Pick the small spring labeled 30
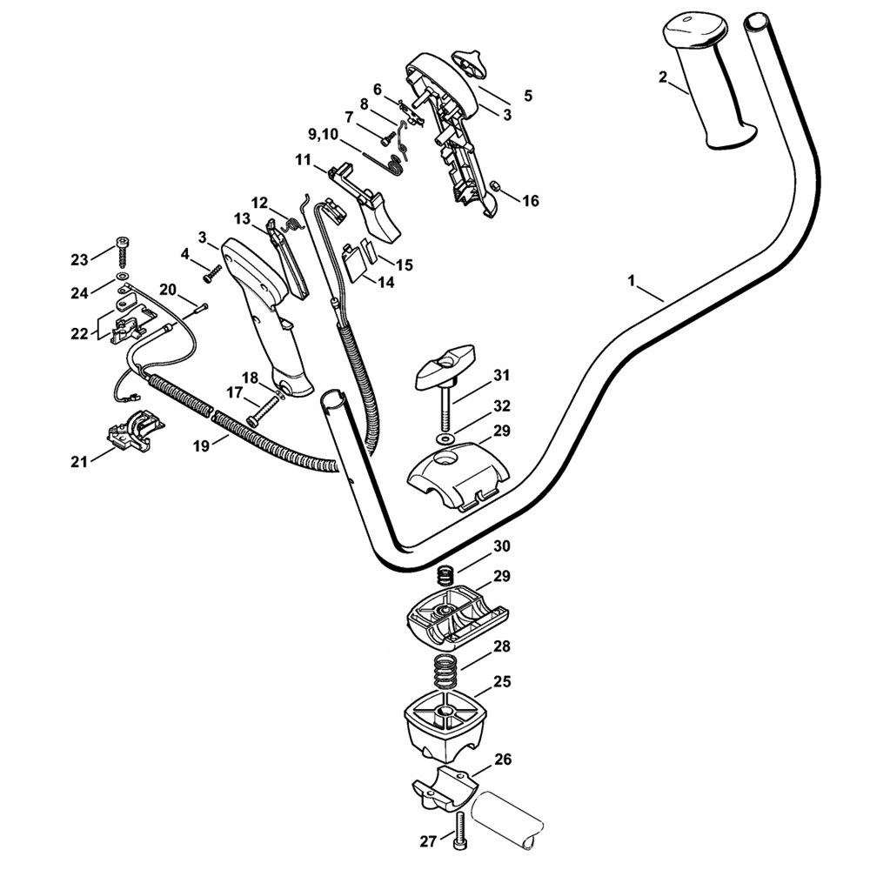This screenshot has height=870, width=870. tap(445, 575)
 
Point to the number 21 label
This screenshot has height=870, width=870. tap(79, 462)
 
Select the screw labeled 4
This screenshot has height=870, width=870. tap(212, 274)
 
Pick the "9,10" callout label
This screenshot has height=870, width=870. tap(325, 134)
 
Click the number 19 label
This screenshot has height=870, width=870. tap(201, 445)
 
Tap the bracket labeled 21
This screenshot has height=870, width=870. tap(132, 429)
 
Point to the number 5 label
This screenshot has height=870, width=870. tap(528, 96)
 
